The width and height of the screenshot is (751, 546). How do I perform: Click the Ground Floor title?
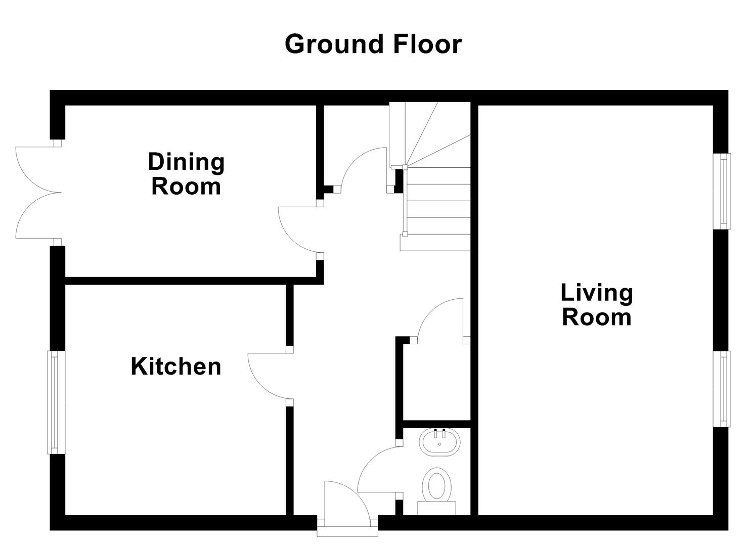coord(373,44)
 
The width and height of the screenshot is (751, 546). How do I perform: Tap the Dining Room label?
coord(186,174)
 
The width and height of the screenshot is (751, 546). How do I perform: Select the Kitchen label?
coord(176,367)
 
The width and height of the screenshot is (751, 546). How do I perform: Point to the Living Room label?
coord(597,305)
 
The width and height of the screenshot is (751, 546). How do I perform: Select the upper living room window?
coord(724,191)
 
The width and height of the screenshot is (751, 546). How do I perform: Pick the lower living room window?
coord(724,388)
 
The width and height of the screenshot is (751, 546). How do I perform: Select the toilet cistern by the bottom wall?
coord(437,508)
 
